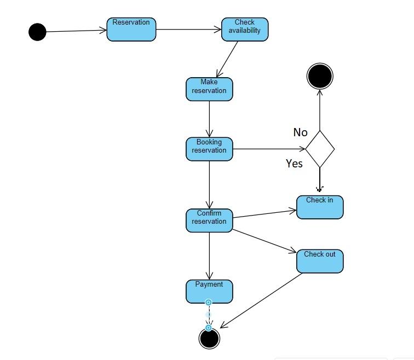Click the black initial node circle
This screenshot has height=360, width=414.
[37, 32]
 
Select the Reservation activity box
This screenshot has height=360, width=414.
[131, 30]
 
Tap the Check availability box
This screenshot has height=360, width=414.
[245, 30]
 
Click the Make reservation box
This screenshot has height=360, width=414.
[209, 89]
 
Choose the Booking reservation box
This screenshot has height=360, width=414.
[209, 149]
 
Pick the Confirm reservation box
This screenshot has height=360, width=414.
[209, 220]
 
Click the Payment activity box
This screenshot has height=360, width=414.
[209, 291]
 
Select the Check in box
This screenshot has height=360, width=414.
[320, 207]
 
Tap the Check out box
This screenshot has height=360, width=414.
[320, 261]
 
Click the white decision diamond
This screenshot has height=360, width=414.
[320, 148]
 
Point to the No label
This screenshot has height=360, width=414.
[301, 132]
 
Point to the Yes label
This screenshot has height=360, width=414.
[294, 164]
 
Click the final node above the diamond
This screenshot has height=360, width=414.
[320, 76]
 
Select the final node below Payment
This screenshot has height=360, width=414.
[209, 339]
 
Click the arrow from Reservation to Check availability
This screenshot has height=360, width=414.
[188, 30]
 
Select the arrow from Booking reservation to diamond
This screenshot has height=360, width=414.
[268, 148]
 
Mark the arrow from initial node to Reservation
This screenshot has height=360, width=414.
[76, 31]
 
